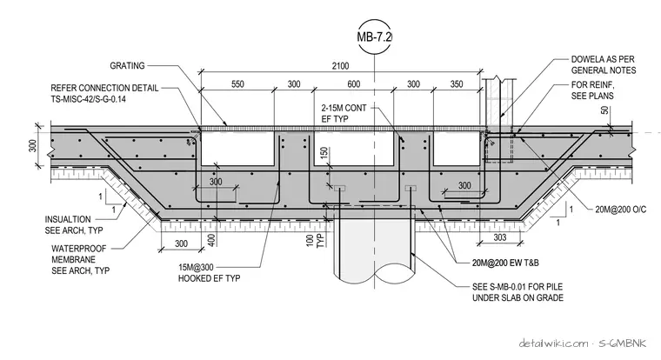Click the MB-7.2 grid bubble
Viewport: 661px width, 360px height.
[x=374, y=37]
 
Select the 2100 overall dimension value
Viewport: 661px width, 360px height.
[x=340, y=66]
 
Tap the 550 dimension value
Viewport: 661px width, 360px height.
[x=237, y=84]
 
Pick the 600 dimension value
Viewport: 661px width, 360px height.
[x=354, y=84]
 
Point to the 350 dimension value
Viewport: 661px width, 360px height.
[x=457, y=84]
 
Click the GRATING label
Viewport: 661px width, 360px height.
[x=127, y=66]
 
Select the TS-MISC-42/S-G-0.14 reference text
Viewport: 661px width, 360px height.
[x=88, y=99]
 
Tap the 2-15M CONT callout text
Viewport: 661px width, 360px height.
[x=344, y=108]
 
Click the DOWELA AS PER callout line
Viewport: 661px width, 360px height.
[x=603, y=59]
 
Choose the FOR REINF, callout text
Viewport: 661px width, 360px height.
[x=593, y=84]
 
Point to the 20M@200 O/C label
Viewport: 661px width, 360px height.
[x=620, y=210]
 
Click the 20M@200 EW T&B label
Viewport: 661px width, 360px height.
[x=505, y=263]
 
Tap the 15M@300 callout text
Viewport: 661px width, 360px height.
[x=196, y=267]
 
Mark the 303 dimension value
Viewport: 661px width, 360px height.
[x=500, y=237]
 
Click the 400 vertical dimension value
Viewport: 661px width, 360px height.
[x=212, y=240]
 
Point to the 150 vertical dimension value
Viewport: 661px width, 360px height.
[x=324, y=153]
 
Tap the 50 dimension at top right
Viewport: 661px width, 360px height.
[x=605, y=110]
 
